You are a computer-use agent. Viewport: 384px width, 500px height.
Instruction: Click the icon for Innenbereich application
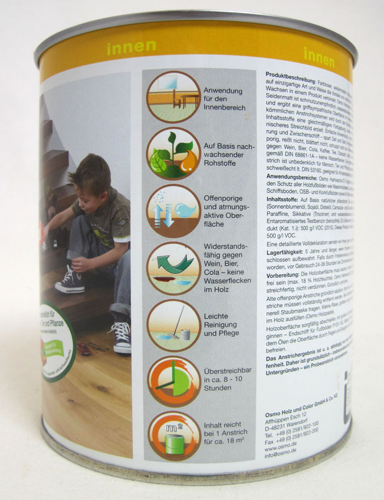click(173, 97)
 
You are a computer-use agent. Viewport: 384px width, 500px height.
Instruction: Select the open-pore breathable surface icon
click(173, 211)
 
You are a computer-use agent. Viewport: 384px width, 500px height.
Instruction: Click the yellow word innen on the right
click(319, 56)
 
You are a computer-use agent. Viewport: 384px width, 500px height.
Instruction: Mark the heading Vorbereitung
click(283, 273)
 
